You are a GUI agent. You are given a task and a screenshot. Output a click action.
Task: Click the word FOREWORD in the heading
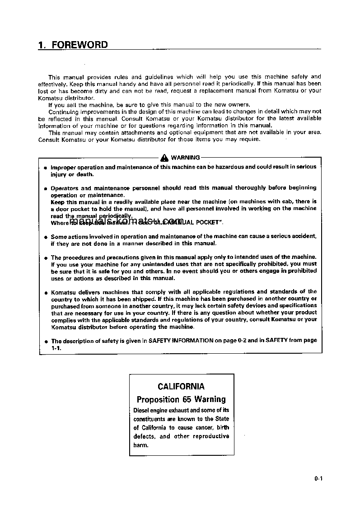tap(79, 45)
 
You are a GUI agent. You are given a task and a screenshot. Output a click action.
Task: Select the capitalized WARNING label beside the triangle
tap(185, 158)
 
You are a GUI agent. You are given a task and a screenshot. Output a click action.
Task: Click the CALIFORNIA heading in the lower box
tap(181, 386)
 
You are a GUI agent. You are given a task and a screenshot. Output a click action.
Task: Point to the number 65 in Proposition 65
tap(187, 399)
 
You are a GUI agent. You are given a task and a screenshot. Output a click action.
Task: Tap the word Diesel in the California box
tap(143, 410)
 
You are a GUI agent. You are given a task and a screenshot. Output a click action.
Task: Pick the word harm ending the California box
tap(140, 445)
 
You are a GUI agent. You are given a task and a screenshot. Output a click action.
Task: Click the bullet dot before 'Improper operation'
tap(45, 168)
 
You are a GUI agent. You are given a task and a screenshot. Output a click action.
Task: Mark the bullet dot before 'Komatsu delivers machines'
tap(45, 292)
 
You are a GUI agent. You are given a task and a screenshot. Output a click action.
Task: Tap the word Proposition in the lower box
tap(158, 399)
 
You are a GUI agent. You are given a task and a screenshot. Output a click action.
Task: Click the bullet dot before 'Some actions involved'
tap(45, 237)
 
